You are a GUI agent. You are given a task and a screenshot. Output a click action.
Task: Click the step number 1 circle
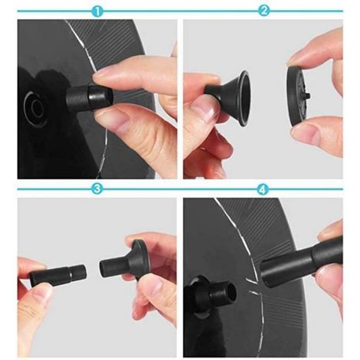(97, 11)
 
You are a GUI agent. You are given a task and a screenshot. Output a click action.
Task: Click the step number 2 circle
(263, 11)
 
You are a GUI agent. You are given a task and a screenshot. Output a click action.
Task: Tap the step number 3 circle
(97, 189)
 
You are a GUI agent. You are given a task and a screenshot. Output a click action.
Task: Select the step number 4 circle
(263, 189)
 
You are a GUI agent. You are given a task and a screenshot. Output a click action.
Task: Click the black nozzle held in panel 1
(90, 98)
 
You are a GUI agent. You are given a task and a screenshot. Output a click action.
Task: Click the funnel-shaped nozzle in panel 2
(228, 97)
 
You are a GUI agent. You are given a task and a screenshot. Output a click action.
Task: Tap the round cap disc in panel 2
(297, 97)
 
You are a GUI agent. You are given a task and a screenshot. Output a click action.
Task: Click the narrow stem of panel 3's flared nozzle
(110, 268)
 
